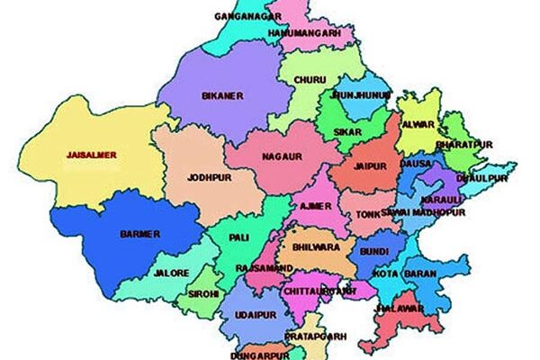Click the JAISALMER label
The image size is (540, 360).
tap(92, 154)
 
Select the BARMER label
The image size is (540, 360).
tap(139, 234)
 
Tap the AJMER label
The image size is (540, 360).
tap(314, 206)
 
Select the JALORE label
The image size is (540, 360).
tap(172, 271)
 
